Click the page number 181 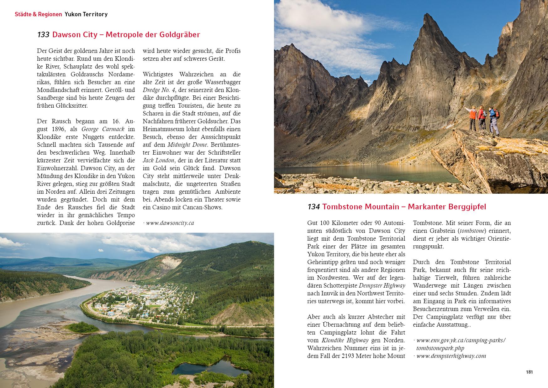click(x=529, y=372)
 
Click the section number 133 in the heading click(x=43, y=35)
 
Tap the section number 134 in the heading click(x=314, y=207)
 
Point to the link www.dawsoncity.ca click(x=170, y=223)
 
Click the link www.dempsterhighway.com click(x=451, y=356)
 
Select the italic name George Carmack click(x=103, y=129)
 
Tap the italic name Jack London click(x=159, y=160)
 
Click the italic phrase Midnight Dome click(x=187, y=145)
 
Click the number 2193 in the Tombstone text click(x=356, y=356)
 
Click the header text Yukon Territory click(x=86, y=14)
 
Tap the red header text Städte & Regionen click(x=38, y=14)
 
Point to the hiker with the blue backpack click(x=494, y=120)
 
